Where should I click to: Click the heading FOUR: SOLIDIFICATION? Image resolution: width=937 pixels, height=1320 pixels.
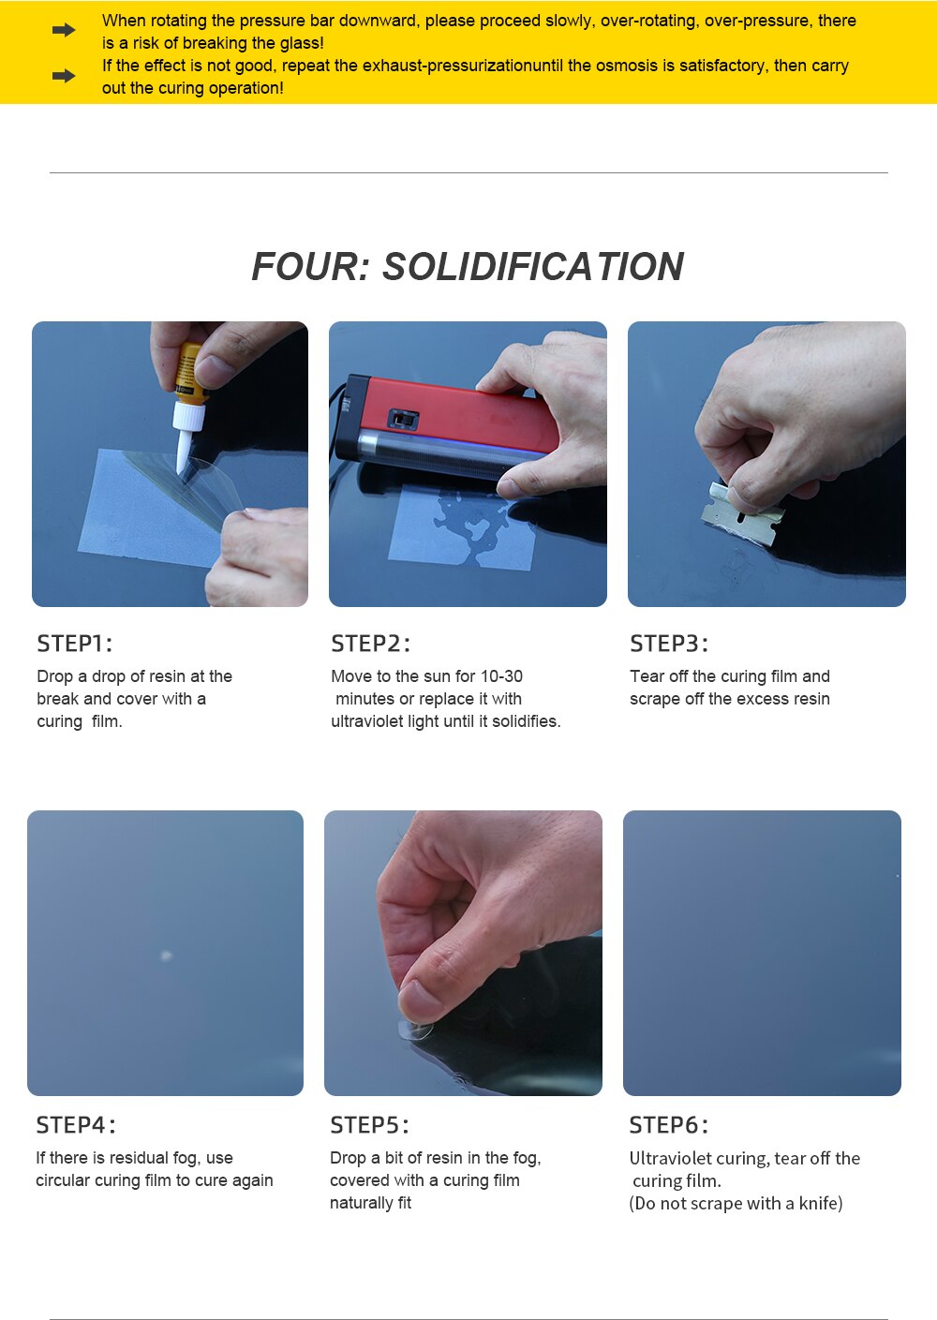click(468, 267)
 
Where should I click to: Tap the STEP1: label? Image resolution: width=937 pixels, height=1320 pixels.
click(74, 644)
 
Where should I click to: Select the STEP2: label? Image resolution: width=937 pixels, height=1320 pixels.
click(370, 644)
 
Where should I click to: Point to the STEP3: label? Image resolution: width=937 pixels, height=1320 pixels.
click(669, 644)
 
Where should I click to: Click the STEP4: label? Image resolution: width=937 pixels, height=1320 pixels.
click(76, 1125)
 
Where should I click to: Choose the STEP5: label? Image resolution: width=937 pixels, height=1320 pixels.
click(369, 1125)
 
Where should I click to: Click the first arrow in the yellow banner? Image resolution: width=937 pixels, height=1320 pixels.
click(64, 31)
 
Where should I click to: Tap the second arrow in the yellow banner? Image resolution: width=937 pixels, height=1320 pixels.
click(64, 76)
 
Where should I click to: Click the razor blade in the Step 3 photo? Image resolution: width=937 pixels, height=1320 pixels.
click(743, 513)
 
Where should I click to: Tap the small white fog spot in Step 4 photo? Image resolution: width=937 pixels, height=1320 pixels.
click(166, 956)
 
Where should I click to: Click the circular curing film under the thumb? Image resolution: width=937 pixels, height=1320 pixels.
click(415, 1031)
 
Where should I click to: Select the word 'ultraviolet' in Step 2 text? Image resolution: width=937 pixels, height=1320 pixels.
click(367, 721)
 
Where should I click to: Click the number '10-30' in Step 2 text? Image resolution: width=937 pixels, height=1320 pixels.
click(501, 676)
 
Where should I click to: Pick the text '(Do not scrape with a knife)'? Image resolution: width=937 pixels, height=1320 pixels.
click(736, 1204)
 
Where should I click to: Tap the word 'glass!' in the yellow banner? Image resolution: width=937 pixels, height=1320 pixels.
click(301, 43)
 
